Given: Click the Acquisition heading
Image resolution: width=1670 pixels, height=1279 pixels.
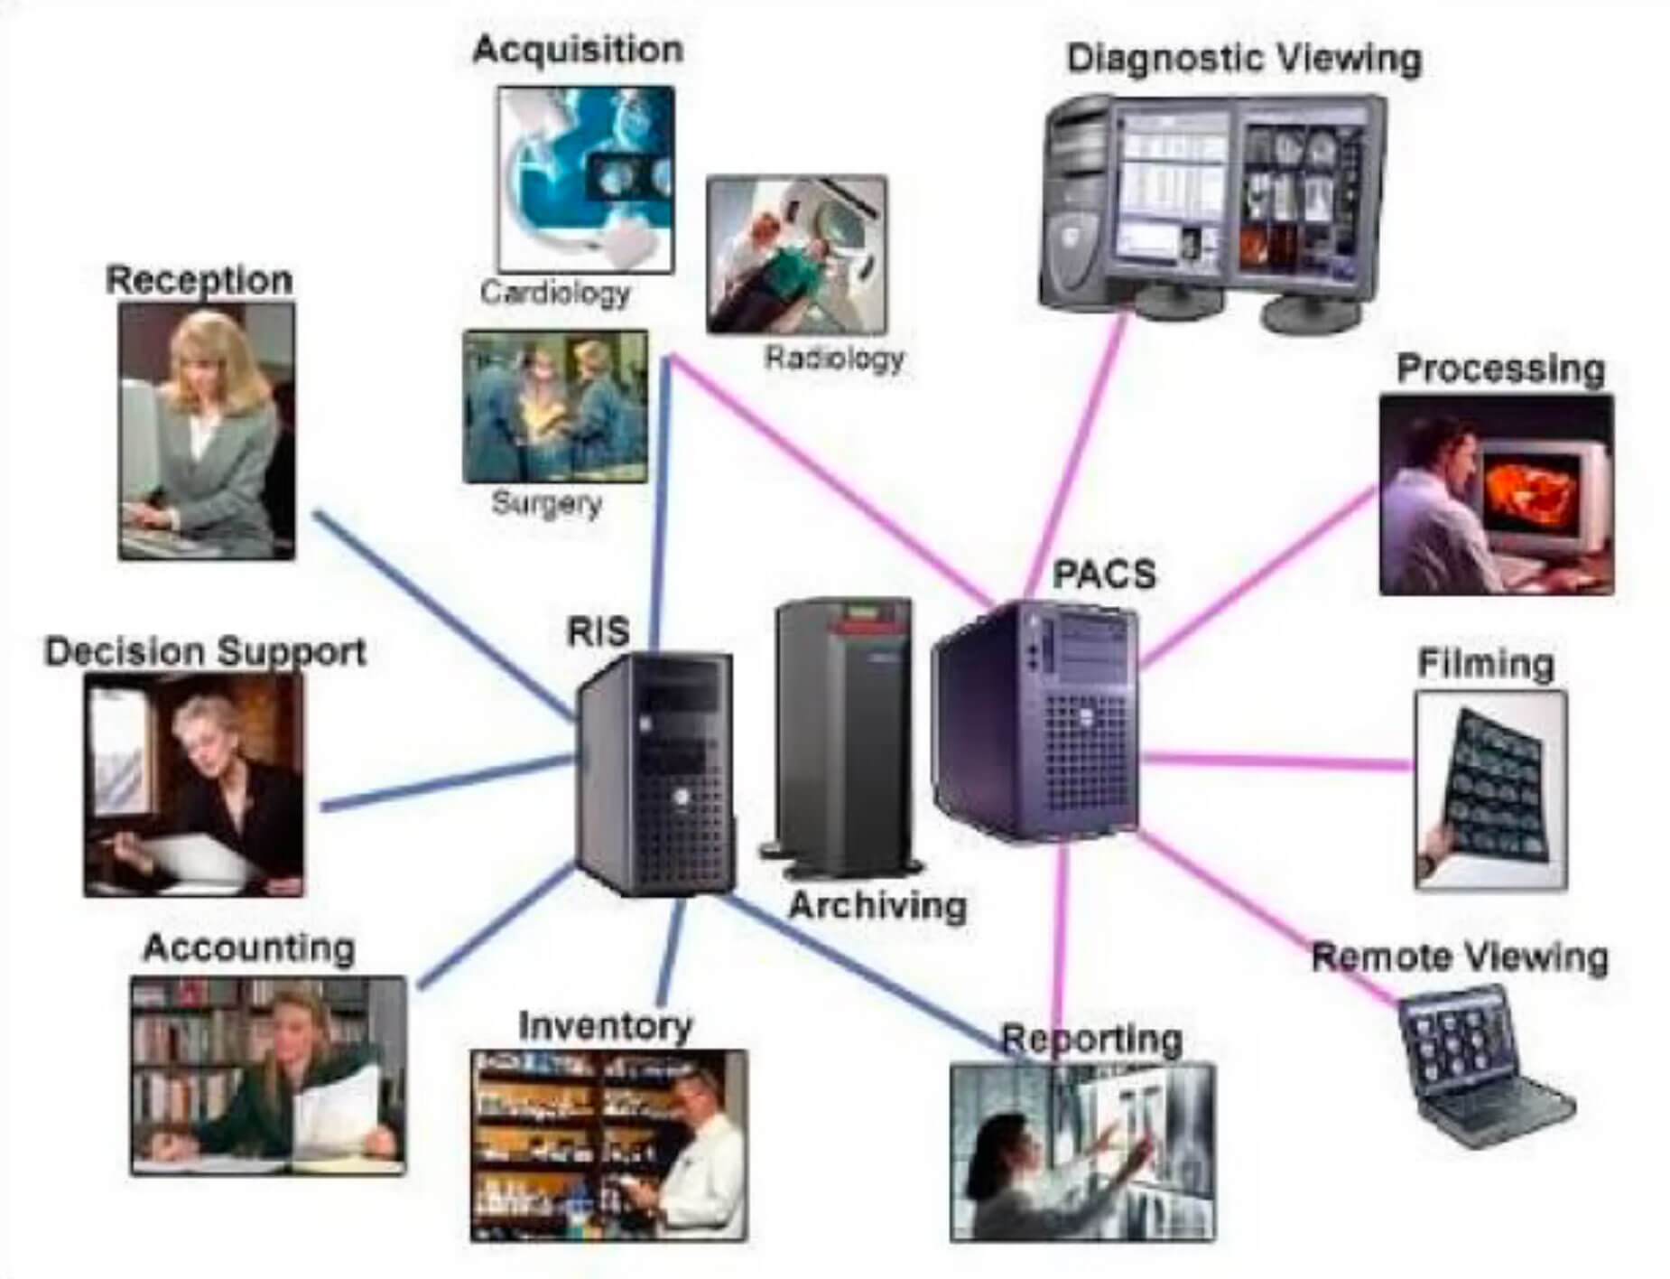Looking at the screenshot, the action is coord(578,49).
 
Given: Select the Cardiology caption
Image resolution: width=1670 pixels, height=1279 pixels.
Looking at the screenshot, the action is coord(555,293).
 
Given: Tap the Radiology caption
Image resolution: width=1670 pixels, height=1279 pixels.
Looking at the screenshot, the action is coord(834,359).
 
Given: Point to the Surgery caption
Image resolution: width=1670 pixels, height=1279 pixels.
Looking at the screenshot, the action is coord(547,502).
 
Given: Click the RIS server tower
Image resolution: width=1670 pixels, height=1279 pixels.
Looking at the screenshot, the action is coord(655,773).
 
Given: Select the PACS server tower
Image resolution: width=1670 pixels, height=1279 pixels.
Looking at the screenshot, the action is coord(1036,721).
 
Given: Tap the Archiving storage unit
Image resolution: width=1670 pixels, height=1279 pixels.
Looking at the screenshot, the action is coord(841,737).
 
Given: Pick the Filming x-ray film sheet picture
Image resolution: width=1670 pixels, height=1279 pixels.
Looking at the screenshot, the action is coord(1490,790).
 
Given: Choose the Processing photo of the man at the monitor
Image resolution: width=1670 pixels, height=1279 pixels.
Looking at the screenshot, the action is coord(1497,495).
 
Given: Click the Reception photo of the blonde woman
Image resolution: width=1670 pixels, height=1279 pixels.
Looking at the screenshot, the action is coord(207,431).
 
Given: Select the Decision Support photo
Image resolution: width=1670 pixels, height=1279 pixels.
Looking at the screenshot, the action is coord(194,785).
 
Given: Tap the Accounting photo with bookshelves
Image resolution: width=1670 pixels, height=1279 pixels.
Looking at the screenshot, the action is coord(268,1075).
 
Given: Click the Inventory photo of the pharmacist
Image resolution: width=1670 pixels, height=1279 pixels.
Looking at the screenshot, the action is coord(608,1145).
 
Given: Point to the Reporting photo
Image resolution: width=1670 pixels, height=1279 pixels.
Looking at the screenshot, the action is coord(1082,1153).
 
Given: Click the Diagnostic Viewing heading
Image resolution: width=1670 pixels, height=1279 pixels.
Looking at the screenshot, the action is coord(1244,59).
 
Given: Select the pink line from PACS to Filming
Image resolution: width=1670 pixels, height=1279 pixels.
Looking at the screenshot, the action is coord(1276,761).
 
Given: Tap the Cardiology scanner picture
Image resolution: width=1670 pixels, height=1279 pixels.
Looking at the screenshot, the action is coord(586,179).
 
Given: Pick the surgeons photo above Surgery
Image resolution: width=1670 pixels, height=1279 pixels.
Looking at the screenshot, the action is coord(555,406).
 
